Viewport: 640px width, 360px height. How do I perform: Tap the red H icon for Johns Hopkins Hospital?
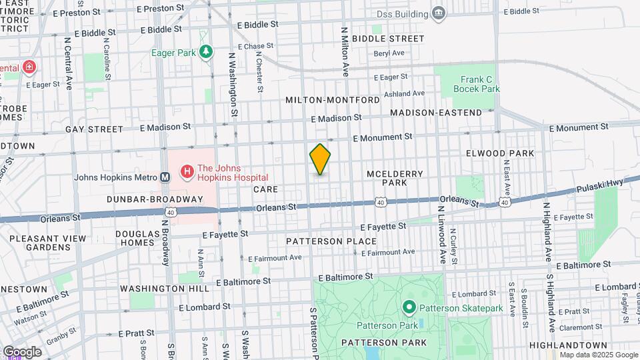pyautogui.click(x=187, y=172)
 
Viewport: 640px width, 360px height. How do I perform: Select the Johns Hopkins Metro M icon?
pyautogui.click(x=165, y=177)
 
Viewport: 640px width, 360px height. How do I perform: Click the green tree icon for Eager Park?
pyautogui.click(x=207, y=51)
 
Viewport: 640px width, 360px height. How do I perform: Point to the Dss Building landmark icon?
pyautogui.click(x=438, y=12)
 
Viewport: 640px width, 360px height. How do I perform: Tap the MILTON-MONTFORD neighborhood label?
pyautogui.click(x=333, y=100)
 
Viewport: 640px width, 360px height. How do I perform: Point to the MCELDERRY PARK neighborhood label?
pyautogui.click(x=395, y=178)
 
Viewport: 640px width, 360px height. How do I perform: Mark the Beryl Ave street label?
pyautogui.click(x=389, y=53)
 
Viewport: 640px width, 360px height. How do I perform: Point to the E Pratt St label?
pyautogui.click(x=141, y=333)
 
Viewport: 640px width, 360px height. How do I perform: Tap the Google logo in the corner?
pyautogui.click(x=21, y=351)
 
